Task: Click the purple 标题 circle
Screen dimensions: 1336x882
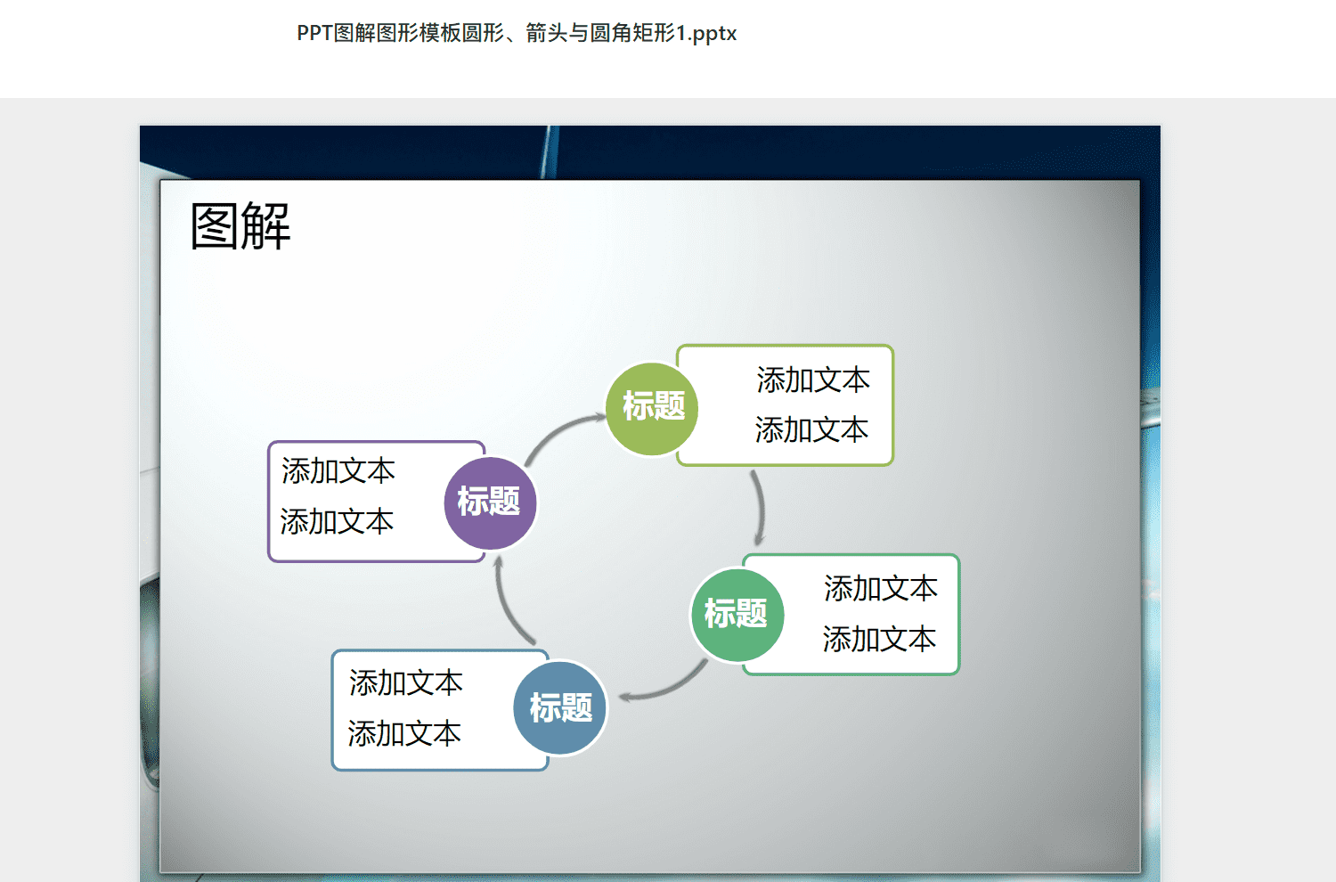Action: coord(490,503)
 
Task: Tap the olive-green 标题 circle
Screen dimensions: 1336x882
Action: coord(652,409)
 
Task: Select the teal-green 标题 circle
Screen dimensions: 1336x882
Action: coord(737,616)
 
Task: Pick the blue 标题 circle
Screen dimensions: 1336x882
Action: coord(560,707)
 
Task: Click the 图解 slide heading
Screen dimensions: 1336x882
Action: coord(240,226)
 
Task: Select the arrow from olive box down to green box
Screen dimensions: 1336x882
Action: coord(760,507)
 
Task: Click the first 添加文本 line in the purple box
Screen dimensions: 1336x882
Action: coord(338,470)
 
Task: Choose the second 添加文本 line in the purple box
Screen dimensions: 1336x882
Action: coord(337,521)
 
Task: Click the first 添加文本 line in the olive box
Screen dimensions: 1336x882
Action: coord(813,380)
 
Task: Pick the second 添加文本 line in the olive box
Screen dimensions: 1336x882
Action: coord(811,429)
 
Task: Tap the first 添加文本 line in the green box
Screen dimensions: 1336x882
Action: coord(881,588)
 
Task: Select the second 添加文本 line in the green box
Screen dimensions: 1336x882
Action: coord(880,639)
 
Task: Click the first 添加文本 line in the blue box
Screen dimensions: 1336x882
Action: coord(405,682)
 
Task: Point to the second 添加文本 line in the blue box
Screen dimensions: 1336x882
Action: coord(404,733)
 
